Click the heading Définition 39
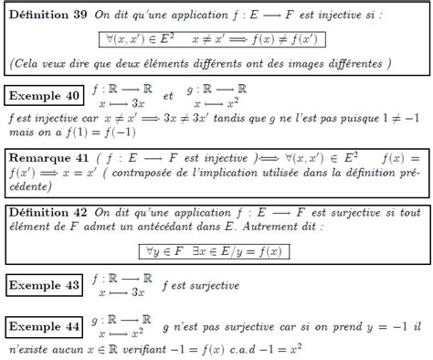click(x=47, y=16)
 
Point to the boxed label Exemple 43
click(x=44, y=285)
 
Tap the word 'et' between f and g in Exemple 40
click(x=167, y=95)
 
